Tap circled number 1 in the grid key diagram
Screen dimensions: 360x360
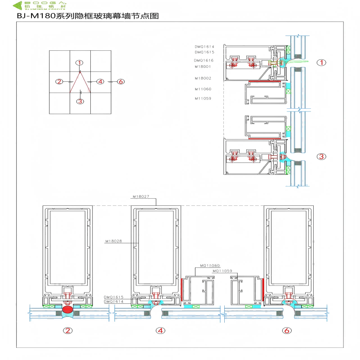80,63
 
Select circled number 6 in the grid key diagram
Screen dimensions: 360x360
120,81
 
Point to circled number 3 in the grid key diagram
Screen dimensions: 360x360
80,101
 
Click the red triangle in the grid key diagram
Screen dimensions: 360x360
80,83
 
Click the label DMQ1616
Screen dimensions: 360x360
204,60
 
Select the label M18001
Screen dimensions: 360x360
203,66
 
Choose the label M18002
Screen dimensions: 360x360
203,78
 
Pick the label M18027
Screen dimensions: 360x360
140,196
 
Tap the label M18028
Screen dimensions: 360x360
113,241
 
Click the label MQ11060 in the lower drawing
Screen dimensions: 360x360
209,266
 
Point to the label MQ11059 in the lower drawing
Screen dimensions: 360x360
222,271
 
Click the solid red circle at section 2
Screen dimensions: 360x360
67,310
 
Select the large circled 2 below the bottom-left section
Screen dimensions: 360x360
67,331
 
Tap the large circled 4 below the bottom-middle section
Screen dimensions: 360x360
160,331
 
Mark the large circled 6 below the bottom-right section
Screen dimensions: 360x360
287,331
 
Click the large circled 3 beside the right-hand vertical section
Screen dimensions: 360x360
321,156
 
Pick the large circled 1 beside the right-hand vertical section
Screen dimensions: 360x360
321,63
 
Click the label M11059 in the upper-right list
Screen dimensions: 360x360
203,98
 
